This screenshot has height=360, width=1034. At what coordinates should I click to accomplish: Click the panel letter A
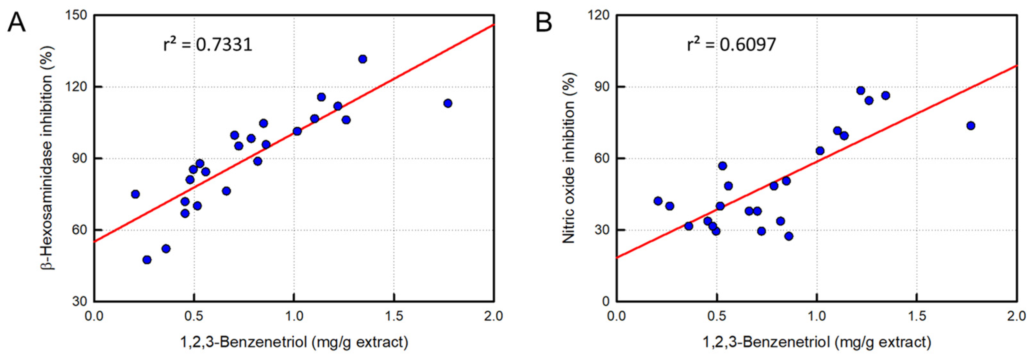tap(16, 23)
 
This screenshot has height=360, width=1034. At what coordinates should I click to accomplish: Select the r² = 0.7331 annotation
tap(207, 45)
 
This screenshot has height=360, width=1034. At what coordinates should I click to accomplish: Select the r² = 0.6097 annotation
tap(731, 45)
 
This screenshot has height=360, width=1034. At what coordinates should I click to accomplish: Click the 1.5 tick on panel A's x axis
tap(394, 316)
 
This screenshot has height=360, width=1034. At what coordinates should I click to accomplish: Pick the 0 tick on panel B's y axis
tap(606, 301)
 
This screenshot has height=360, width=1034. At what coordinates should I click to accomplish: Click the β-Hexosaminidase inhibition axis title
tap(47, 158)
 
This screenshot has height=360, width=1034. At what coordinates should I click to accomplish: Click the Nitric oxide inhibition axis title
tap(569, 158)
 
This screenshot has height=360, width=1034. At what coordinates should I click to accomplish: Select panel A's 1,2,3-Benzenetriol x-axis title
tap(294, 342)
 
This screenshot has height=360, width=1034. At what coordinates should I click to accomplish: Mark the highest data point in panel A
tap(363, 59)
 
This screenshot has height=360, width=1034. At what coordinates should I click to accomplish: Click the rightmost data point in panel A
tap(448, 103)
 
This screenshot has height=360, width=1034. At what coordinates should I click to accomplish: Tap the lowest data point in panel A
tap(147, 260)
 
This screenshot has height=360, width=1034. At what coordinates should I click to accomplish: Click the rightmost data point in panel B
tap(971, 126)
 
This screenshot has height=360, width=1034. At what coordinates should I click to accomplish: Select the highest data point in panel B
tap(861, 90)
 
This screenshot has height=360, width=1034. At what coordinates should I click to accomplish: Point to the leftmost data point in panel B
tap(658, 201)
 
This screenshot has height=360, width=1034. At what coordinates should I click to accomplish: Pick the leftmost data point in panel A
tap(135, 194)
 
